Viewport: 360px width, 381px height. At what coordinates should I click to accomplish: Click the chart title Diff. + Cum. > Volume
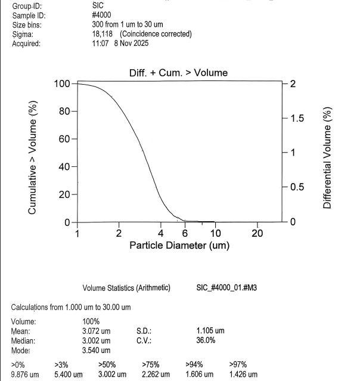(178, 73)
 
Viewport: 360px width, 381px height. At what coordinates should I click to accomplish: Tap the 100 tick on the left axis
(62, 83)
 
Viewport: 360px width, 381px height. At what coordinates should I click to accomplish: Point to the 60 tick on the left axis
(64, 139)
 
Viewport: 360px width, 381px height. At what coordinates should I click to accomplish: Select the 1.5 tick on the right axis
(296, 118)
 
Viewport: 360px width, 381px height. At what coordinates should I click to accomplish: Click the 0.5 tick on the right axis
(296, 187)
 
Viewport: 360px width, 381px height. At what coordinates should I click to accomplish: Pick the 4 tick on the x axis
(161, 233)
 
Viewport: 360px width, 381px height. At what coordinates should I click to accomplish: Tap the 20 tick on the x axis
(257, 233)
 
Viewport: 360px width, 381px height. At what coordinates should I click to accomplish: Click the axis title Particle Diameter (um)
(179, 245)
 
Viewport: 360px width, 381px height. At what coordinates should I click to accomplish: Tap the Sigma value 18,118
(95, 34)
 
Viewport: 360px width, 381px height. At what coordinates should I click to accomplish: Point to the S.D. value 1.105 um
(210, 331)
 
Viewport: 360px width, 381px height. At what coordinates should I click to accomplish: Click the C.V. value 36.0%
(206, 340)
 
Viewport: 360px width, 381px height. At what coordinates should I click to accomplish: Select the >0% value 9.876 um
(25, 374)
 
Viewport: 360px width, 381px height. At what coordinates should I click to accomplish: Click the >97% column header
(238, 364)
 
